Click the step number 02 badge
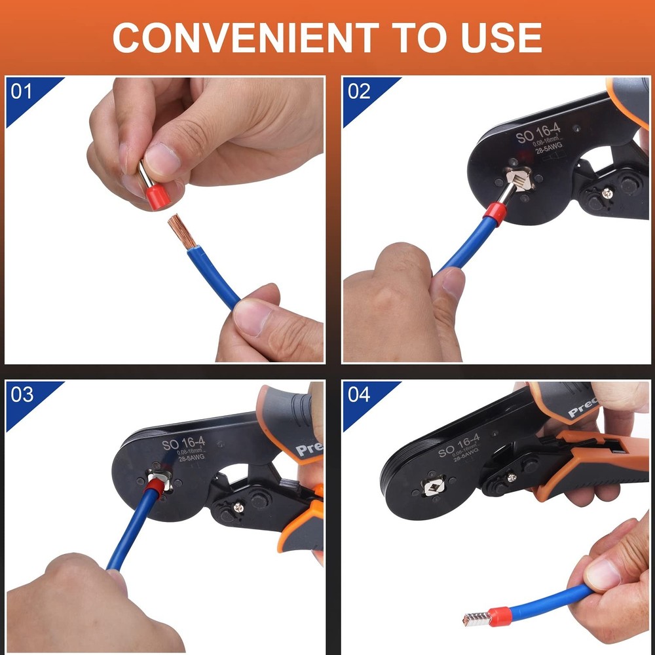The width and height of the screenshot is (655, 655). (359, 90)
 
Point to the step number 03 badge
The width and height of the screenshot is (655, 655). (22, 394)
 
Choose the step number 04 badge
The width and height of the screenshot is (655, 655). (359, 394)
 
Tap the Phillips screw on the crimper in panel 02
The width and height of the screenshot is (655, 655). (608, 193)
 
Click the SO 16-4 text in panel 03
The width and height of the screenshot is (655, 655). (184, 444)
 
